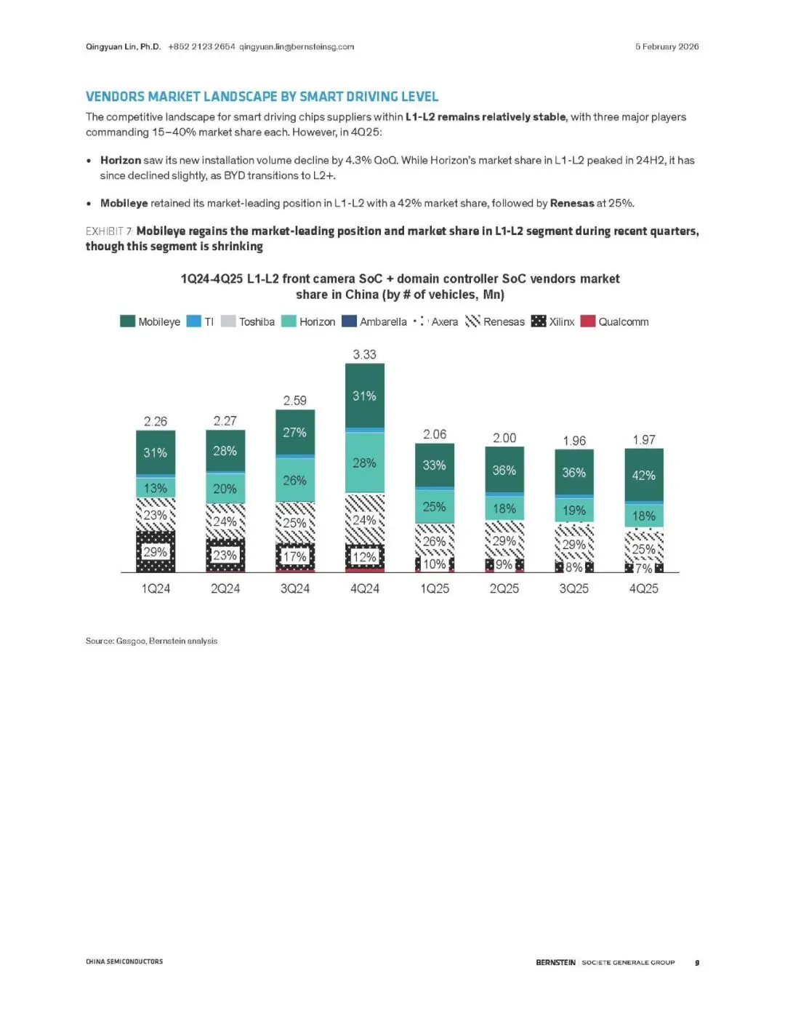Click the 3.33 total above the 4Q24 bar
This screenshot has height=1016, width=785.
coord(364,355)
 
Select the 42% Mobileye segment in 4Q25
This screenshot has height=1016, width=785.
coord(643,475)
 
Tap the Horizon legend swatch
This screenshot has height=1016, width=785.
coord(289,321)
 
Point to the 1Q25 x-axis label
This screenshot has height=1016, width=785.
coord(434,588)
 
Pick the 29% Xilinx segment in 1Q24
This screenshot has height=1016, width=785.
coord(156,552)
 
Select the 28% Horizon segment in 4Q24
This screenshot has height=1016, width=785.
coord(364,463)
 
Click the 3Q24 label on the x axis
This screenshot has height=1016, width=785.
coord(294,588)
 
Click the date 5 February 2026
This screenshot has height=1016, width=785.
coord(667,47)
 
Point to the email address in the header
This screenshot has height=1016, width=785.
coord(297,47)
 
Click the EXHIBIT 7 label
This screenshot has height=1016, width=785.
coord(109,231)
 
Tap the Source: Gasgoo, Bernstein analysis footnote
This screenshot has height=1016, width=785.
coord(151,641)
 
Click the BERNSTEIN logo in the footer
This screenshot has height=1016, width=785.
coord(555,962)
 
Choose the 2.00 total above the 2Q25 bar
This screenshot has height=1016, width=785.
coord(504,438)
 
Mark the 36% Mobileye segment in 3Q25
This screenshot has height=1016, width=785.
coord(573,472)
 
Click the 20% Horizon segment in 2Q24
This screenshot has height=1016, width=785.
coord(225,489)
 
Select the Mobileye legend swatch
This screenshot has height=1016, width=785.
coord(128,321)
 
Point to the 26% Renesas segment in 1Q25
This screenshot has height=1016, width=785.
coord(434,541)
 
